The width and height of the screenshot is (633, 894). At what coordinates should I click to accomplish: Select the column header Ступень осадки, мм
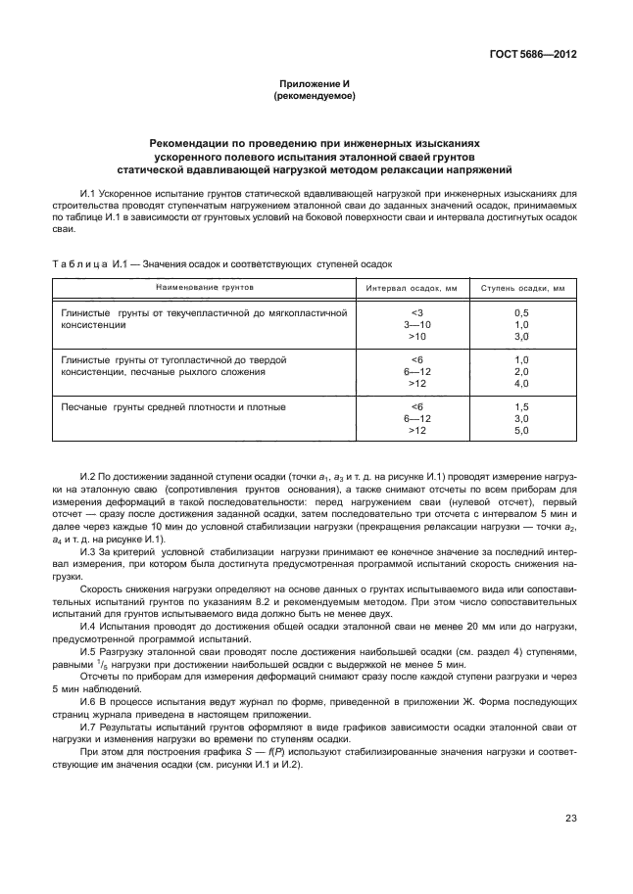coord(521,290)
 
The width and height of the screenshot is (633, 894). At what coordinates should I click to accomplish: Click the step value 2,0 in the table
coord(521,372)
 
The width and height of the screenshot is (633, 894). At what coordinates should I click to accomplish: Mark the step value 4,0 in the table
coord(521,384)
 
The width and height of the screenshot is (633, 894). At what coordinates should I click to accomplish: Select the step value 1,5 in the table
coord(521,406)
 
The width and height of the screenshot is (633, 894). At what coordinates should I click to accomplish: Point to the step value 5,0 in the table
coord(521,430)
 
